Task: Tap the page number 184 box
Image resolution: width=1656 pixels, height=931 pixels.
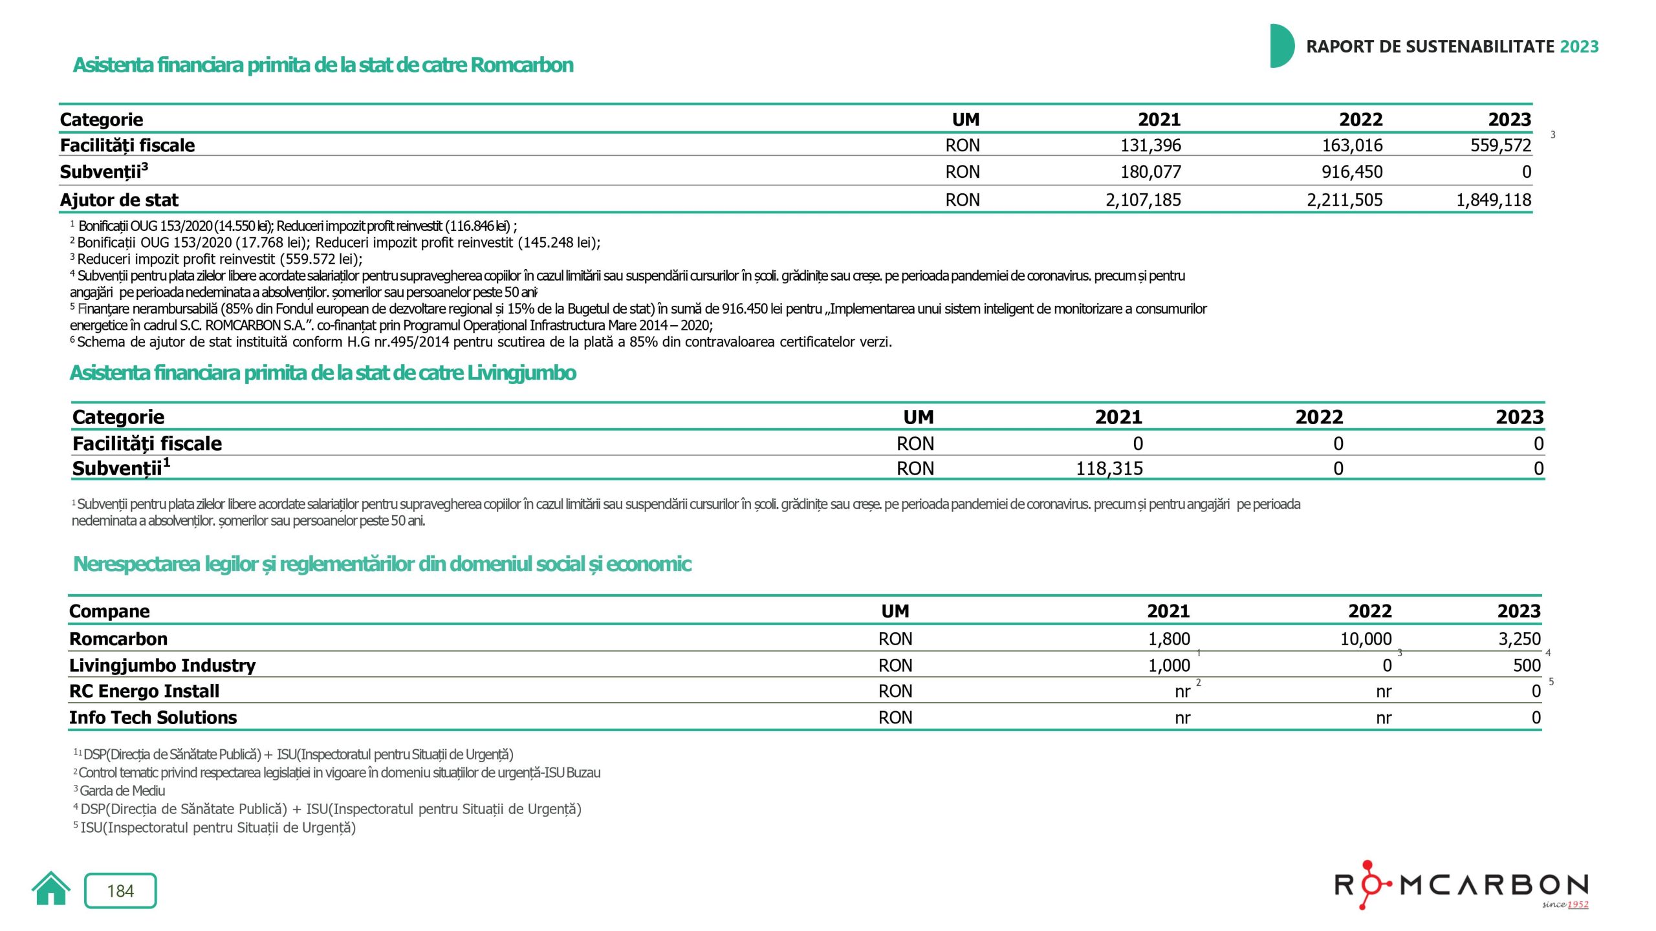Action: tap(120, 891)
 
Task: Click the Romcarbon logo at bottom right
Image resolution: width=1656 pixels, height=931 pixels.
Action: tap(1462, 885)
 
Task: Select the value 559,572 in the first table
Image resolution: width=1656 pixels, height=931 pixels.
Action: tap(1501, 145)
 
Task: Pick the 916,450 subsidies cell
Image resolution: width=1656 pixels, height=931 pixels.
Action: tap(1352, 172)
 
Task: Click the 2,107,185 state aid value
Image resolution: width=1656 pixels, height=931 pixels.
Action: tap(1143, 200)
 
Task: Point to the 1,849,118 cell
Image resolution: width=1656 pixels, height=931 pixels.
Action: tap(1494, 200)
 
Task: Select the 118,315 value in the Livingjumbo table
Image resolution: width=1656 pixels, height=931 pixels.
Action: tap(1109, 469)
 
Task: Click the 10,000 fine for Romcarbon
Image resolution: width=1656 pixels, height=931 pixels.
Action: tap(1366, 639)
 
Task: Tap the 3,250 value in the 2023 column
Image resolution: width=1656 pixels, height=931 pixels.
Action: tap(1520, 639)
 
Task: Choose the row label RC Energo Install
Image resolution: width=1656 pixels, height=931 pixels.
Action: tap(144, 692)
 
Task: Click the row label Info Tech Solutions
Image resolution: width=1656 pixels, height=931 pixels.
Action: tap(153, 718)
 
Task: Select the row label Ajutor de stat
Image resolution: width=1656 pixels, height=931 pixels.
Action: tap(119, 200)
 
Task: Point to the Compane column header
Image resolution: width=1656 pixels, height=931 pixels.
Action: tap(109, 612)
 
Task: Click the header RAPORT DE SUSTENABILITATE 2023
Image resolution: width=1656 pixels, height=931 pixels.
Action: tap(1452, 47)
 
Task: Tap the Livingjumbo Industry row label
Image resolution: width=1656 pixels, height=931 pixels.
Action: tap(162, 666)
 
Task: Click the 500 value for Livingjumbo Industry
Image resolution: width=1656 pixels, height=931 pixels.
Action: tap(1527, 666)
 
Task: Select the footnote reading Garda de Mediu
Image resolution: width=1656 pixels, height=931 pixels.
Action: tap(122, 791)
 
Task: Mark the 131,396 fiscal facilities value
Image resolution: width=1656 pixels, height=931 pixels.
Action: tap(1151, 145)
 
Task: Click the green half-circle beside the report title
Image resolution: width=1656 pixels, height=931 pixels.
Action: tap(1281, 46)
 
